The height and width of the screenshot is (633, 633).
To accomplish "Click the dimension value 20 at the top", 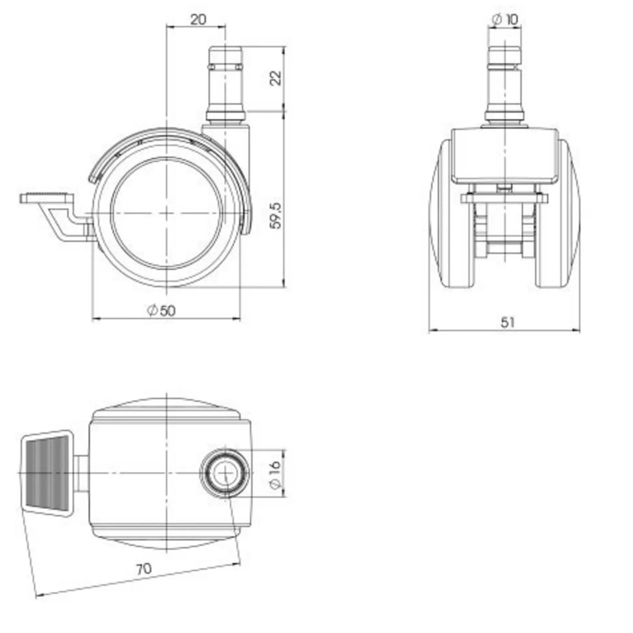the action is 199,20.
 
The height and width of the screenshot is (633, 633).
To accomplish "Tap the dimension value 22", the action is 276,78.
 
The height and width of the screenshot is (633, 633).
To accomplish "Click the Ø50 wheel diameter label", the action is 161,311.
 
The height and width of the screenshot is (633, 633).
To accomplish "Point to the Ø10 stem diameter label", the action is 505,20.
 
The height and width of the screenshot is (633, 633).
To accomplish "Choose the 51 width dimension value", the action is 507,322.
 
